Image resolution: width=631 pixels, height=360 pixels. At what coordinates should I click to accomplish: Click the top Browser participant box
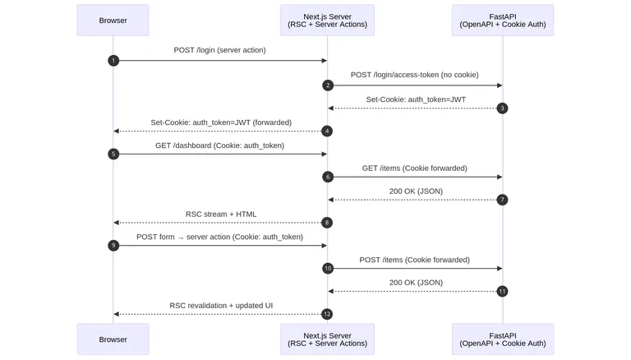tap(113, 21)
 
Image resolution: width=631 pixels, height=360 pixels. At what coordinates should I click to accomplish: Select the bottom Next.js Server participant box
tap(327, 339)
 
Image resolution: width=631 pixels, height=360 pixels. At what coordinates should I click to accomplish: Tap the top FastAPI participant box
tap(503, 21)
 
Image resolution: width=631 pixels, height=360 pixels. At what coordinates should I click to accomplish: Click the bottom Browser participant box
tap(113, 339)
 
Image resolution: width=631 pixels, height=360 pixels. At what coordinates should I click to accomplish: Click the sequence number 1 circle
tap(113, 61)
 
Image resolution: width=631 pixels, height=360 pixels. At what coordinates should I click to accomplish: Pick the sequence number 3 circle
tap(503, 108)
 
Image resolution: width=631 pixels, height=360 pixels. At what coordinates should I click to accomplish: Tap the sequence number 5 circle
tap(113, 154)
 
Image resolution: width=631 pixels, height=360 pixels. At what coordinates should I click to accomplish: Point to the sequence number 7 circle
tap(503, 200)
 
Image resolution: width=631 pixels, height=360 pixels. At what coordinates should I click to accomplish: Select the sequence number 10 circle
tap(328, 268)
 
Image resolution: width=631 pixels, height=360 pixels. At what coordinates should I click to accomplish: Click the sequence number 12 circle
tap(328, 314)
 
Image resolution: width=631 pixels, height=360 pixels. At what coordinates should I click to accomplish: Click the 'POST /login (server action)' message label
tap(219, 50)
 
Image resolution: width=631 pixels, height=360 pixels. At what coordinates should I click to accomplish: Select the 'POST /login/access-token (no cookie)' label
tap(415, 75)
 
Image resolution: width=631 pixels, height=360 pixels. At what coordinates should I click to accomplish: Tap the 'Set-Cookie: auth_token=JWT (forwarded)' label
tap(220, 122)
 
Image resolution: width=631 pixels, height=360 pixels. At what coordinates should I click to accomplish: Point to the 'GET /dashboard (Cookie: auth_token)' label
tap(219, 145)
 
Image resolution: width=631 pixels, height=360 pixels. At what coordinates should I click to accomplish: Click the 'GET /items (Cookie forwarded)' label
tap(415, 168)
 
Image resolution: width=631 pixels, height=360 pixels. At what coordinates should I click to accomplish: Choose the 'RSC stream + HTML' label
tap(220, 214)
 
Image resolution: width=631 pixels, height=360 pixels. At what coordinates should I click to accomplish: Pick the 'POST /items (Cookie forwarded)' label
tap(415, 260)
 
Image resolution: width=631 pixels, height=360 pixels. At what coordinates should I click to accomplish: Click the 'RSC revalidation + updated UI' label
tap(220, 305)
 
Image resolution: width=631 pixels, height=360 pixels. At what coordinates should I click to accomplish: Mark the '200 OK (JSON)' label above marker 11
tap(415, 282)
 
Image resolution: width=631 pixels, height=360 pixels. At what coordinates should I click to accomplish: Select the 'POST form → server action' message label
tap(219, 237)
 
